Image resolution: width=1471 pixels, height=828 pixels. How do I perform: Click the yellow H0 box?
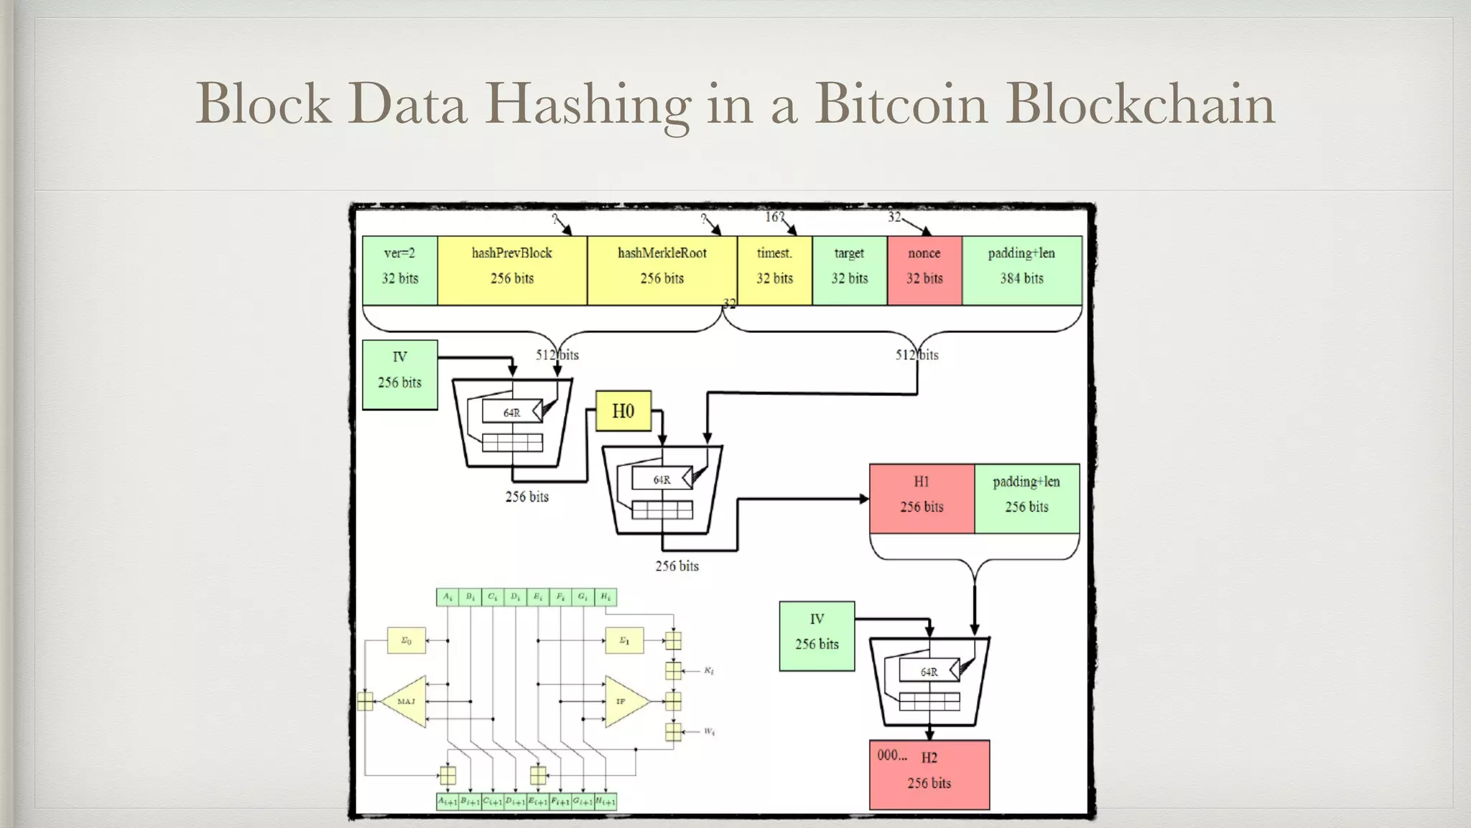(x=623, y=411)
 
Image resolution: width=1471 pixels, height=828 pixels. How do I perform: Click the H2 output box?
(x=929, y=774)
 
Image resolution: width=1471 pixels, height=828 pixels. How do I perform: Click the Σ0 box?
(x=406, y=640)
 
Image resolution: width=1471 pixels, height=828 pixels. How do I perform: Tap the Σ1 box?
(x=624, y=640)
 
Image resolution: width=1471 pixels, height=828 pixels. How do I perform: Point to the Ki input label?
(x=709, y=671)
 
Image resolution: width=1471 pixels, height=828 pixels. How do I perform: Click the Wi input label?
(x=709, y=732)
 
